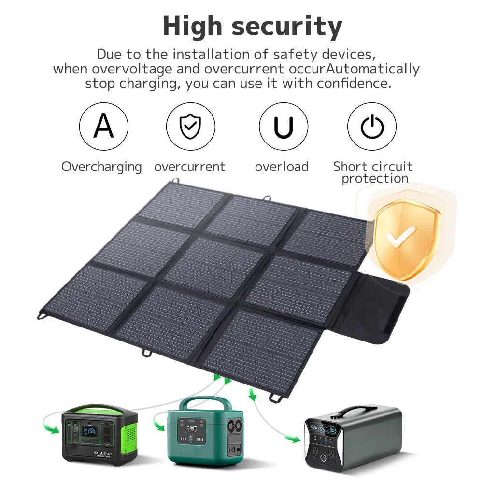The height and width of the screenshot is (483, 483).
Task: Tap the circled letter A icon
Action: tap(104, 127)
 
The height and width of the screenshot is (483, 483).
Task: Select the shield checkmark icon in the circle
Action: tap(190, 127)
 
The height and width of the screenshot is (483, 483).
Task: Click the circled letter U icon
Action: tap(283, 127)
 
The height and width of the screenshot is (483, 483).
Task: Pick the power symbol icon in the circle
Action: tap(372, 127)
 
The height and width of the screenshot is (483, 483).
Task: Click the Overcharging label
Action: tap(101, 167)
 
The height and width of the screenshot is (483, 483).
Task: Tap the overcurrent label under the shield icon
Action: tap(189, 167)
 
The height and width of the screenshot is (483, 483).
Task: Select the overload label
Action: tap(282, 167)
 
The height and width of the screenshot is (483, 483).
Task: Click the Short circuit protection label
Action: tap(373, 172)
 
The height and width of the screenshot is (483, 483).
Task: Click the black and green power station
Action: tap(99, 434)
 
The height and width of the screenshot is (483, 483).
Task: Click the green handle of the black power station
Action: tap(97, 408)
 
